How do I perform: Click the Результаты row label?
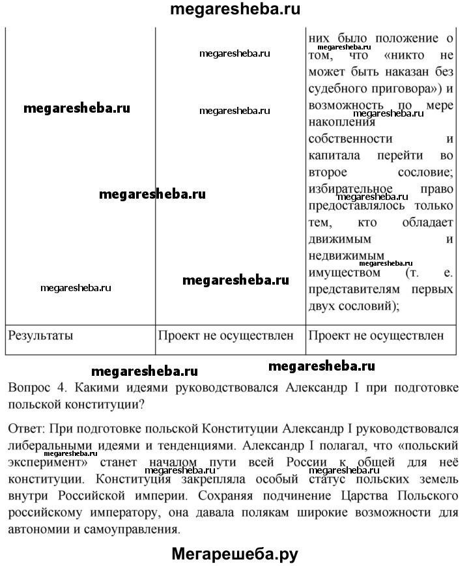(40, 336)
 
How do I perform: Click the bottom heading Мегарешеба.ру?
(234, 554)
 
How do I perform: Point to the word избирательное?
(349, 190)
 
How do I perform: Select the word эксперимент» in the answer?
(50, 462)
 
